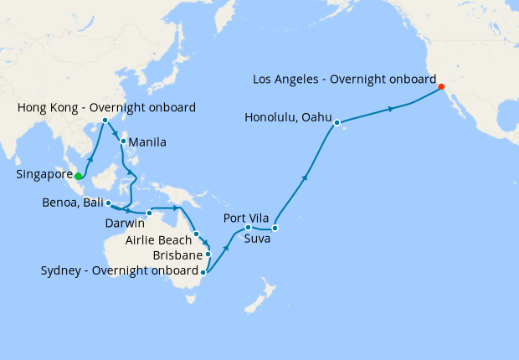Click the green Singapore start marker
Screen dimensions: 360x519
tap(78, 176)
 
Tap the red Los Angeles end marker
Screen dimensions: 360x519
tap(441, 86)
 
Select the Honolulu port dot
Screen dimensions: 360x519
tap(337, 124)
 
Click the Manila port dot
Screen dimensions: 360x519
tap(123, 141)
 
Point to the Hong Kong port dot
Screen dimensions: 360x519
tap(105, 121)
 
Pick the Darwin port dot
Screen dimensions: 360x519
tap(149, 211)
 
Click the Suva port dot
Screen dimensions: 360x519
tap(275, 228)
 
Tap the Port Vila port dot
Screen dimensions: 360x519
tap(248, 227)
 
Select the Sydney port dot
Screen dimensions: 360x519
tap(203, 271)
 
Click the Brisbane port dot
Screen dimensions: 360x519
tap(208, 254)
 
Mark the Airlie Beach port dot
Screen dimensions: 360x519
tap(196, 234)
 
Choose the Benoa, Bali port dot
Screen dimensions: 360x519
tap(109, 203)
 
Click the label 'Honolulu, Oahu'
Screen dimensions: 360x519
tap(289, 117)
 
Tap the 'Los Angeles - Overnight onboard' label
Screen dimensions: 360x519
tap(344, 80)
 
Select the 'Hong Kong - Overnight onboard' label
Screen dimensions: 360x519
tap(106, 107)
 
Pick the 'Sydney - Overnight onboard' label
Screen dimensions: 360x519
tap(119, 271)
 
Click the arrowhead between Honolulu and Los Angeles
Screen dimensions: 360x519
tap(391, 109)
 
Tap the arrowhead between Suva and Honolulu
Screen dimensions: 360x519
tap(306, 177)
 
